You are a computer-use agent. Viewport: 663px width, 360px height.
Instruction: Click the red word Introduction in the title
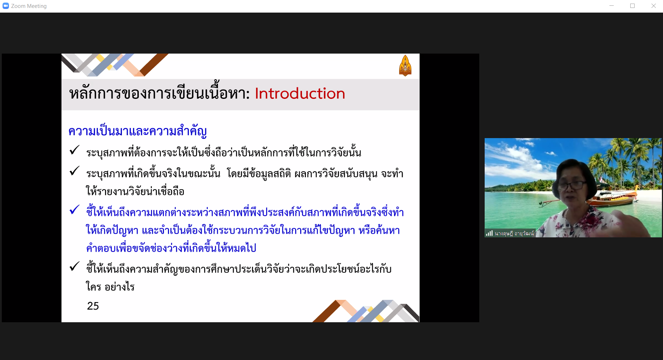(300, 94)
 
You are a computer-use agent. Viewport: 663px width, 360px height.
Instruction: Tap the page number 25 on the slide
(93, 306)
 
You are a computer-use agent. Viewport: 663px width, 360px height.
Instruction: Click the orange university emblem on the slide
(405, 65)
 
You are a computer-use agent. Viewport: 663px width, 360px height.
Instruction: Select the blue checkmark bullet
(74, 209)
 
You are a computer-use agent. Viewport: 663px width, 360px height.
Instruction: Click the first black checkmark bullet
(74, 150)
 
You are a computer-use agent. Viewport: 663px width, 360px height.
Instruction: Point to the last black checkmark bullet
(74, 266)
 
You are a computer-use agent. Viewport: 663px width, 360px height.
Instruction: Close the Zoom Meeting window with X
(653, 6)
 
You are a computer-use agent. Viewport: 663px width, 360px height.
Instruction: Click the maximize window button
(632, 6)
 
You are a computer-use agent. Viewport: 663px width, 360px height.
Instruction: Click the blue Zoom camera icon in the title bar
(6, 6)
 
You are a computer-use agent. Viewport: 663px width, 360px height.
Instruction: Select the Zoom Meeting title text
(29, 6)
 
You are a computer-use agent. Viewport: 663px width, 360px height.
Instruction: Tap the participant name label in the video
(514, 233)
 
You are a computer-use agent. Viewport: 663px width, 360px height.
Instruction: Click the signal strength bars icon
(489, 233)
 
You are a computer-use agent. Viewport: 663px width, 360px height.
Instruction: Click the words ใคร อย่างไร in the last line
(110, 287)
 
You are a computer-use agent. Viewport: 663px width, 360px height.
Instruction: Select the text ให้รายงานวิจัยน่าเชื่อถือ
(135, 191)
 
